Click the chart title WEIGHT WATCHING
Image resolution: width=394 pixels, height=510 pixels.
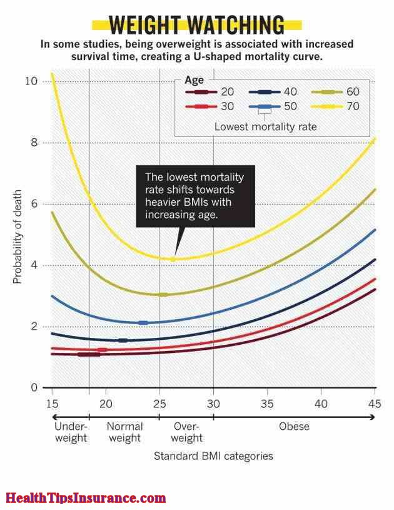coord(196,26)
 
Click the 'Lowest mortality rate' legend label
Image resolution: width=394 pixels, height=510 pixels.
coord(265,126)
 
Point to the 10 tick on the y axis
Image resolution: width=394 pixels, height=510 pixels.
coord(31,81)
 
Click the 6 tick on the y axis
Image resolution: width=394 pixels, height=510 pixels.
coord(34,204)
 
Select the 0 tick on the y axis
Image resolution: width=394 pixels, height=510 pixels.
coord(34,388)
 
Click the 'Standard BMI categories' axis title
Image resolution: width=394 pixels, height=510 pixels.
coord(213,456)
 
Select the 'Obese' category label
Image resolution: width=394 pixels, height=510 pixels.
coord(294,427)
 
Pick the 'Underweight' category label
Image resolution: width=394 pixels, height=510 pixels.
coord(71,432)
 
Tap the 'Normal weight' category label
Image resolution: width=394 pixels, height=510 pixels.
coord(125,432)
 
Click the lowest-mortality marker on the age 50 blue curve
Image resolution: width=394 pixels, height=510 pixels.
coord(143,323)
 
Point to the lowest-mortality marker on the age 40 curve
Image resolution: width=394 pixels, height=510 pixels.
coord(123,340)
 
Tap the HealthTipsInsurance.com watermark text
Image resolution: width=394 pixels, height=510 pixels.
coord(86,498)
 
